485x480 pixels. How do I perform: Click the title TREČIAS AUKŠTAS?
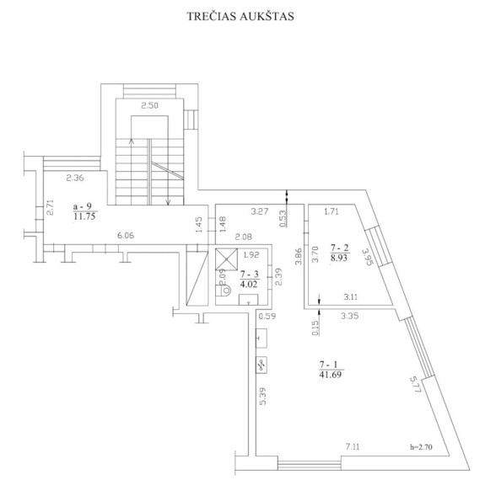tap(240, 16)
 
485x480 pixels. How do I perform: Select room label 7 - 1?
tap(328, 365)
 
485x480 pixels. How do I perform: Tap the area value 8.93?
tap(339, 258)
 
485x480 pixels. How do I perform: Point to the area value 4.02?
tap(249, 284)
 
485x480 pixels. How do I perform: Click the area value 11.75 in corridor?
tap(84, 216)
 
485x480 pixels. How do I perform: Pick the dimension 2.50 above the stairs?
tap(149, 105)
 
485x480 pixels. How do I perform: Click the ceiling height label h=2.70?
tap(421, 446)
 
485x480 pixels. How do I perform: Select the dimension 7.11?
tap(353, 446)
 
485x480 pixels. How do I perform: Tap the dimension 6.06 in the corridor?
tap(126, 236)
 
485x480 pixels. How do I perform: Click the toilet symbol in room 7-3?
tap(224, 291)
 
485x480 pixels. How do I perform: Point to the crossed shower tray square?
tap(226, 259)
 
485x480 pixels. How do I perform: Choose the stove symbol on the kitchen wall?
tap(261, 365)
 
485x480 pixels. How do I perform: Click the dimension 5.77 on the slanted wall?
tap(415, 384)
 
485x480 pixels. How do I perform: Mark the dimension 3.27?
tap(260, 211)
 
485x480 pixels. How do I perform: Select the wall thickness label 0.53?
tap(283, 218)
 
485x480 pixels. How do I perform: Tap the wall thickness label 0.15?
tap(315, 328)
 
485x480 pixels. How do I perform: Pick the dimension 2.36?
tap(75, 178)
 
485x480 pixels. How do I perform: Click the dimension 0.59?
tap(267, 317)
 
